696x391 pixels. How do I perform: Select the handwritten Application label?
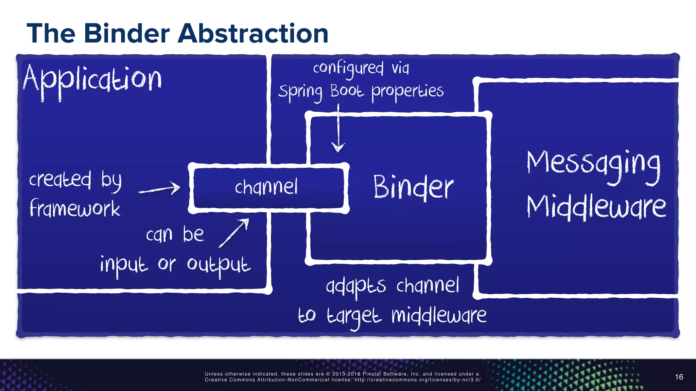[x=92, y=80]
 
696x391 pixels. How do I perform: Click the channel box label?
[x=266, y=187]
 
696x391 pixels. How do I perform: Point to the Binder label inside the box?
[x=413, y=187]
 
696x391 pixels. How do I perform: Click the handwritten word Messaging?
[x=593, y=165]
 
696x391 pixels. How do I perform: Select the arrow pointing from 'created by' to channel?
[x=159, y=189]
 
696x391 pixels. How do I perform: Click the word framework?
[x=75, y=208]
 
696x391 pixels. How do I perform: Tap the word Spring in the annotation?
[x=300, y=92]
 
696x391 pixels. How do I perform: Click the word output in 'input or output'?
[x=219, y=265]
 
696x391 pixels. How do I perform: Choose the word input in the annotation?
[x=124, y=265]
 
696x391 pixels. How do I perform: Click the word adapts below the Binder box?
[x=356, y=286]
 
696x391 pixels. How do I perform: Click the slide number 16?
[x=679, y=377]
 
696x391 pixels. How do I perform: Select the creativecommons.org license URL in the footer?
[x=417, y=380]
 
